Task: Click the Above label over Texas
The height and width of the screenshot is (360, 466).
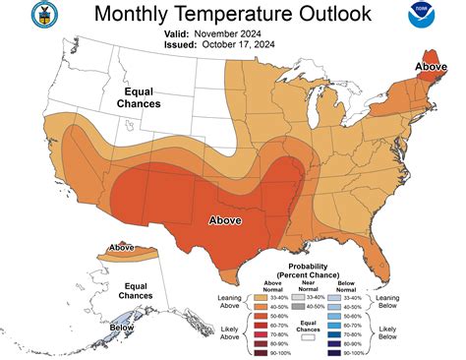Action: pyautogui.click(x=225, y=220)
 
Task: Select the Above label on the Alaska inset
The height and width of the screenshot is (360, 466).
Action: pyautogui.click(x=122, y=247)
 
